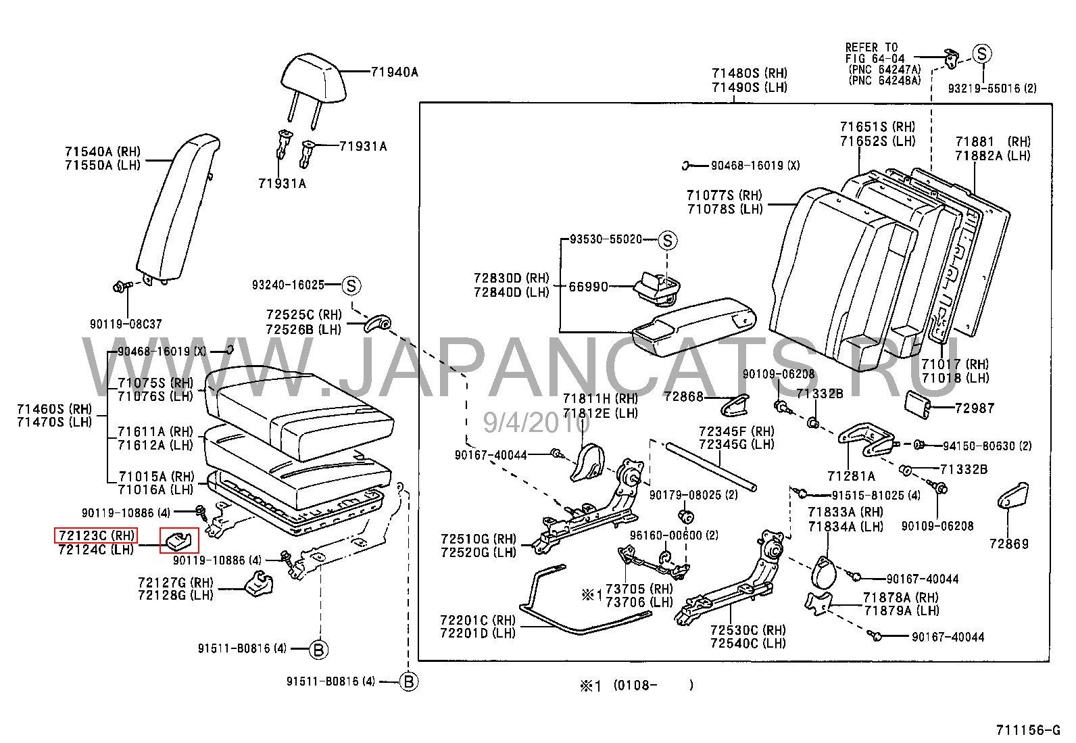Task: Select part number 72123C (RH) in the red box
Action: coord(96,536)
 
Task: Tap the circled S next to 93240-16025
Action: coord(351,285)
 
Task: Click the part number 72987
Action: coord(974,408)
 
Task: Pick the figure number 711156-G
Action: coord(1028,731)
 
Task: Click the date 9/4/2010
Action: coord(536,423)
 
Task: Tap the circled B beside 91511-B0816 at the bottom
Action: coord(408,681)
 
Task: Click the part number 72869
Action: coord(1008,543)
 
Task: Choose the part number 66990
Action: coord(588,287)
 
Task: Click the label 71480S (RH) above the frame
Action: coord(749,73)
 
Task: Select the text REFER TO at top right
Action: coord(871,47)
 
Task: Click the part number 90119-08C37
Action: coord(126,324)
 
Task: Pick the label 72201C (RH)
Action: coord(477,619)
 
